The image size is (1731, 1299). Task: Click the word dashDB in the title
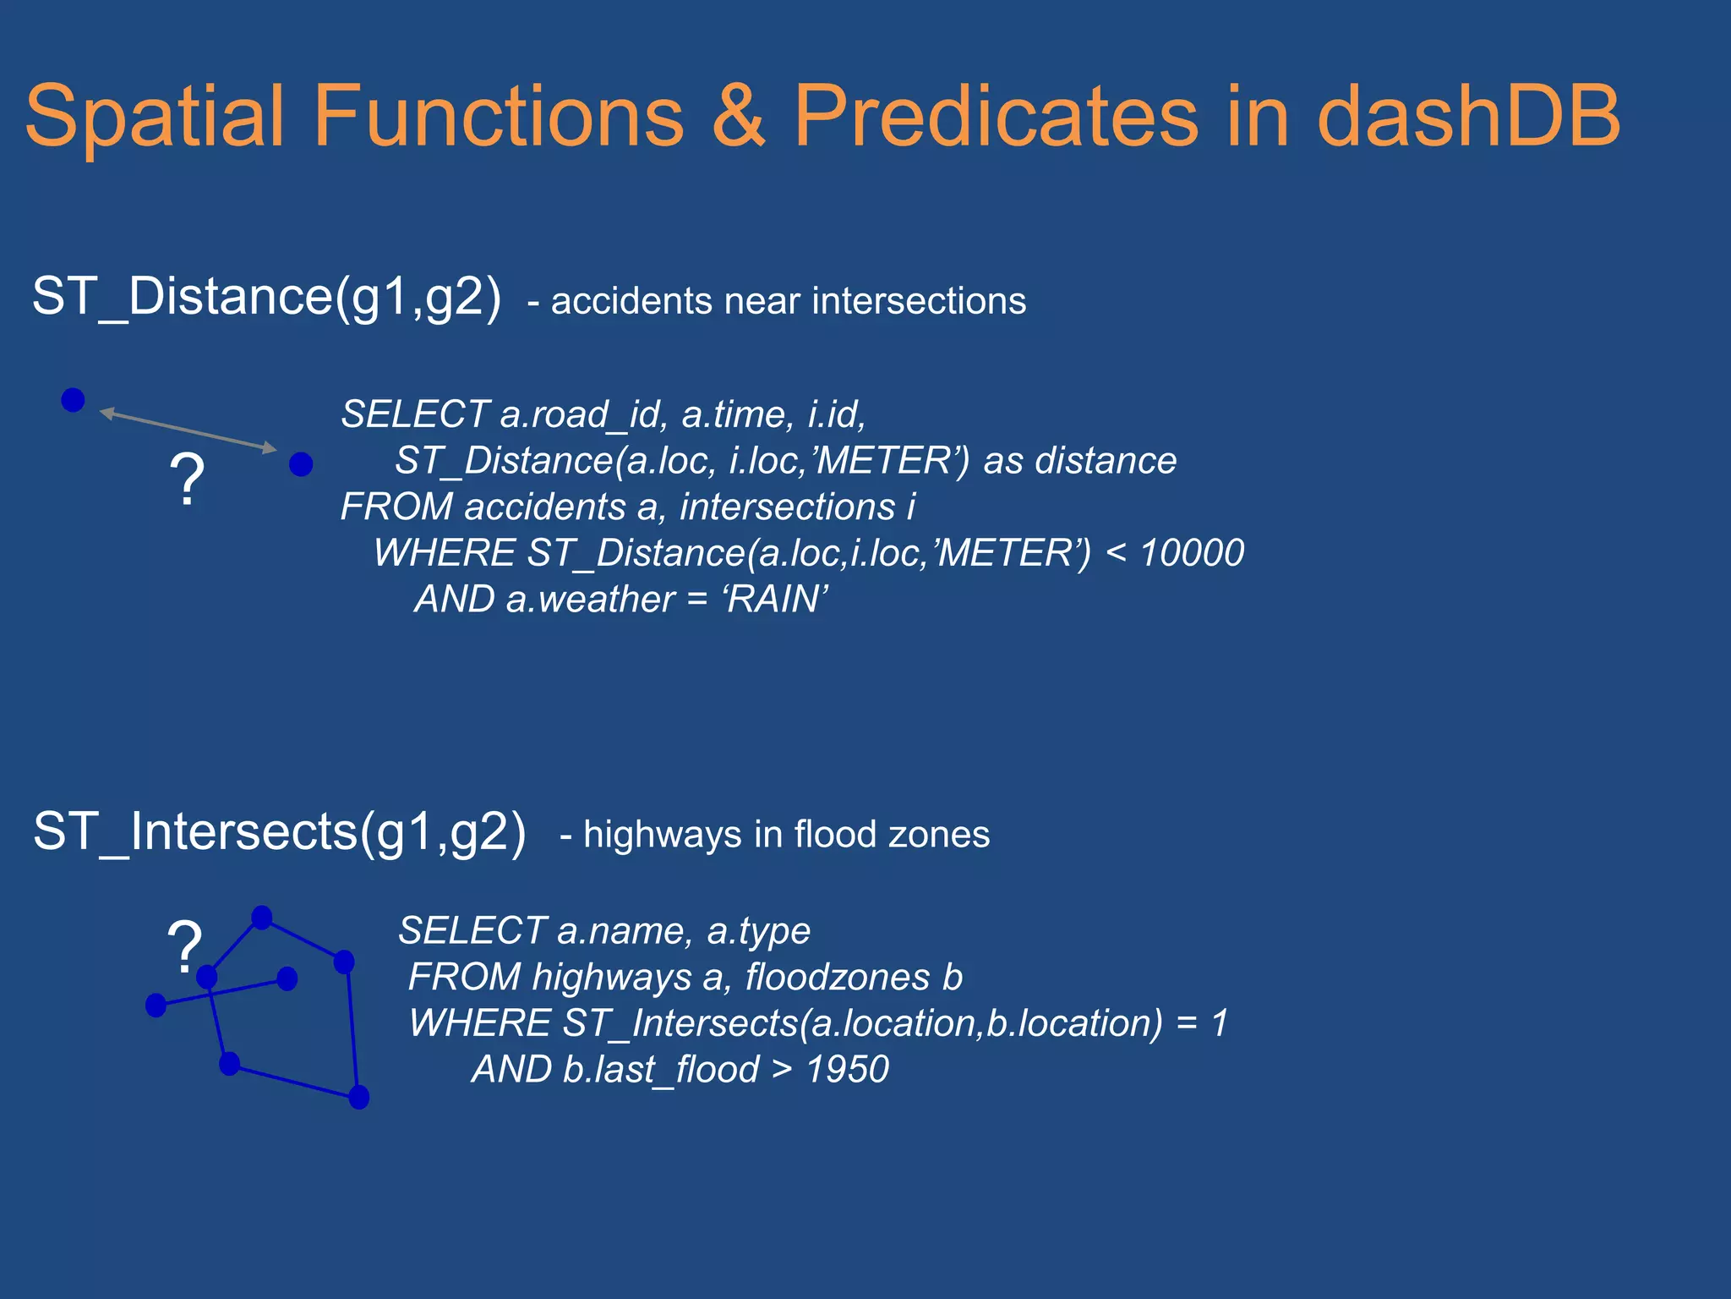pyautogui.click(x=1468, y=116)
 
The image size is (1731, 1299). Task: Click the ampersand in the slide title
pyautogui.click(x=738, y=116)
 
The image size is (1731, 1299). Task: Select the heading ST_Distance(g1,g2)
pyautogui.click(x=266, y=297)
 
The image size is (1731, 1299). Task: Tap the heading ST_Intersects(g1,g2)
pyautogui.click(x=279, y=831)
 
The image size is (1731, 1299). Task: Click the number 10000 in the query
pyautogui.click(x=1192, y=553)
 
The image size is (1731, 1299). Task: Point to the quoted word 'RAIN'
pyautogui.click(x=774, y=600)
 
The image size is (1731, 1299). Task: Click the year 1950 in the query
pyautogui.click(x=847, y=1070)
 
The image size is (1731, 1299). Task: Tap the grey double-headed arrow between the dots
pyautogui.click(x=188, y=430)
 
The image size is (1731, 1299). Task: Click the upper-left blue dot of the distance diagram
pyautogui.click(x=74, y=400)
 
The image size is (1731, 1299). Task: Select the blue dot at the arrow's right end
pyautogui.click(x=301, y=464)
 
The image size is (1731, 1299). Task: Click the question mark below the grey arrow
pyautogui.click(x=187, y=480)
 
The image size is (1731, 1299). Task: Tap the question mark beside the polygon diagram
pyautogui.click(x=184, y=945)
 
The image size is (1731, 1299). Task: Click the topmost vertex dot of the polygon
pyautogui.click(x=262, y=918)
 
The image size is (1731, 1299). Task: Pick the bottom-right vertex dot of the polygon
pyautogui.click(x=359, y=1098)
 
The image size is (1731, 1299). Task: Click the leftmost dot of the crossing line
pyautogui.click(x=156, y=1006)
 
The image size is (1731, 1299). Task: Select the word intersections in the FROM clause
pyautogui.click(x=787, y=507)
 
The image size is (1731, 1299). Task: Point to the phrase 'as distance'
pyautogui.click(x=1079, y=461)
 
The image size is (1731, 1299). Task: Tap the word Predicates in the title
pyautogui.click(x=995, y=116)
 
